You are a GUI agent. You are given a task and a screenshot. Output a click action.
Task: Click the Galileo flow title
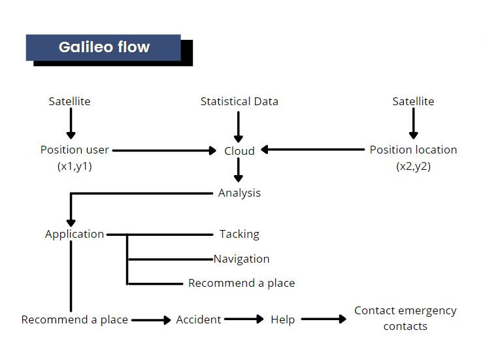pos(104,47)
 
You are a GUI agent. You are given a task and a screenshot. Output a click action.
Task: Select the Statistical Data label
pos(239,101)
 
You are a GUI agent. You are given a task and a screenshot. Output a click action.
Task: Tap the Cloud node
pos(239,151)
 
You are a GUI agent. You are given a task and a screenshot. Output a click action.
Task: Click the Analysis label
pos(239,193)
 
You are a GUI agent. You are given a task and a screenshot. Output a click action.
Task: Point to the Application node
pos(75,235)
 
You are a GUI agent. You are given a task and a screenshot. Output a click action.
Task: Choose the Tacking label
pos(239,235)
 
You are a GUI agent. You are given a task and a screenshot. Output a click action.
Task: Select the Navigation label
pos(242,259)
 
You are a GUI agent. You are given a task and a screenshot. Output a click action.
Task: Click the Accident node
pos(199,319)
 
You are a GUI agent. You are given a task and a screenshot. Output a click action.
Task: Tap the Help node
pos(283,319)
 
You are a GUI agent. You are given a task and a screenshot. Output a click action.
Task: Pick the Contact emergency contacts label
pos(405,318)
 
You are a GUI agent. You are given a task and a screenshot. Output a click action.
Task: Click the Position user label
pos(75,158)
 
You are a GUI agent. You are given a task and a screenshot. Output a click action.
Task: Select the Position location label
pos(413,158)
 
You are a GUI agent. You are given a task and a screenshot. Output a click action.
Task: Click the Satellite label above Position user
pos(70,101)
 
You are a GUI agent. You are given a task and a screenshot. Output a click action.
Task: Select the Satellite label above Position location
pos(413,101)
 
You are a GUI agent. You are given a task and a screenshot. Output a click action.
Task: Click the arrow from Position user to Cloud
pos(165,150)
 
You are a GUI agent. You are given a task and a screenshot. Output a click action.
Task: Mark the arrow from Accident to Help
pos(244,319)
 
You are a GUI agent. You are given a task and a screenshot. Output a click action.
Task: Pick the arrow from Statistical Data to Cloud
pos(239,127)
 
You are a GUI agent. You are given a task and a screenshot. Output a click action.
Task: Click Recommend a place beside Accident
pos(75,319)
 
